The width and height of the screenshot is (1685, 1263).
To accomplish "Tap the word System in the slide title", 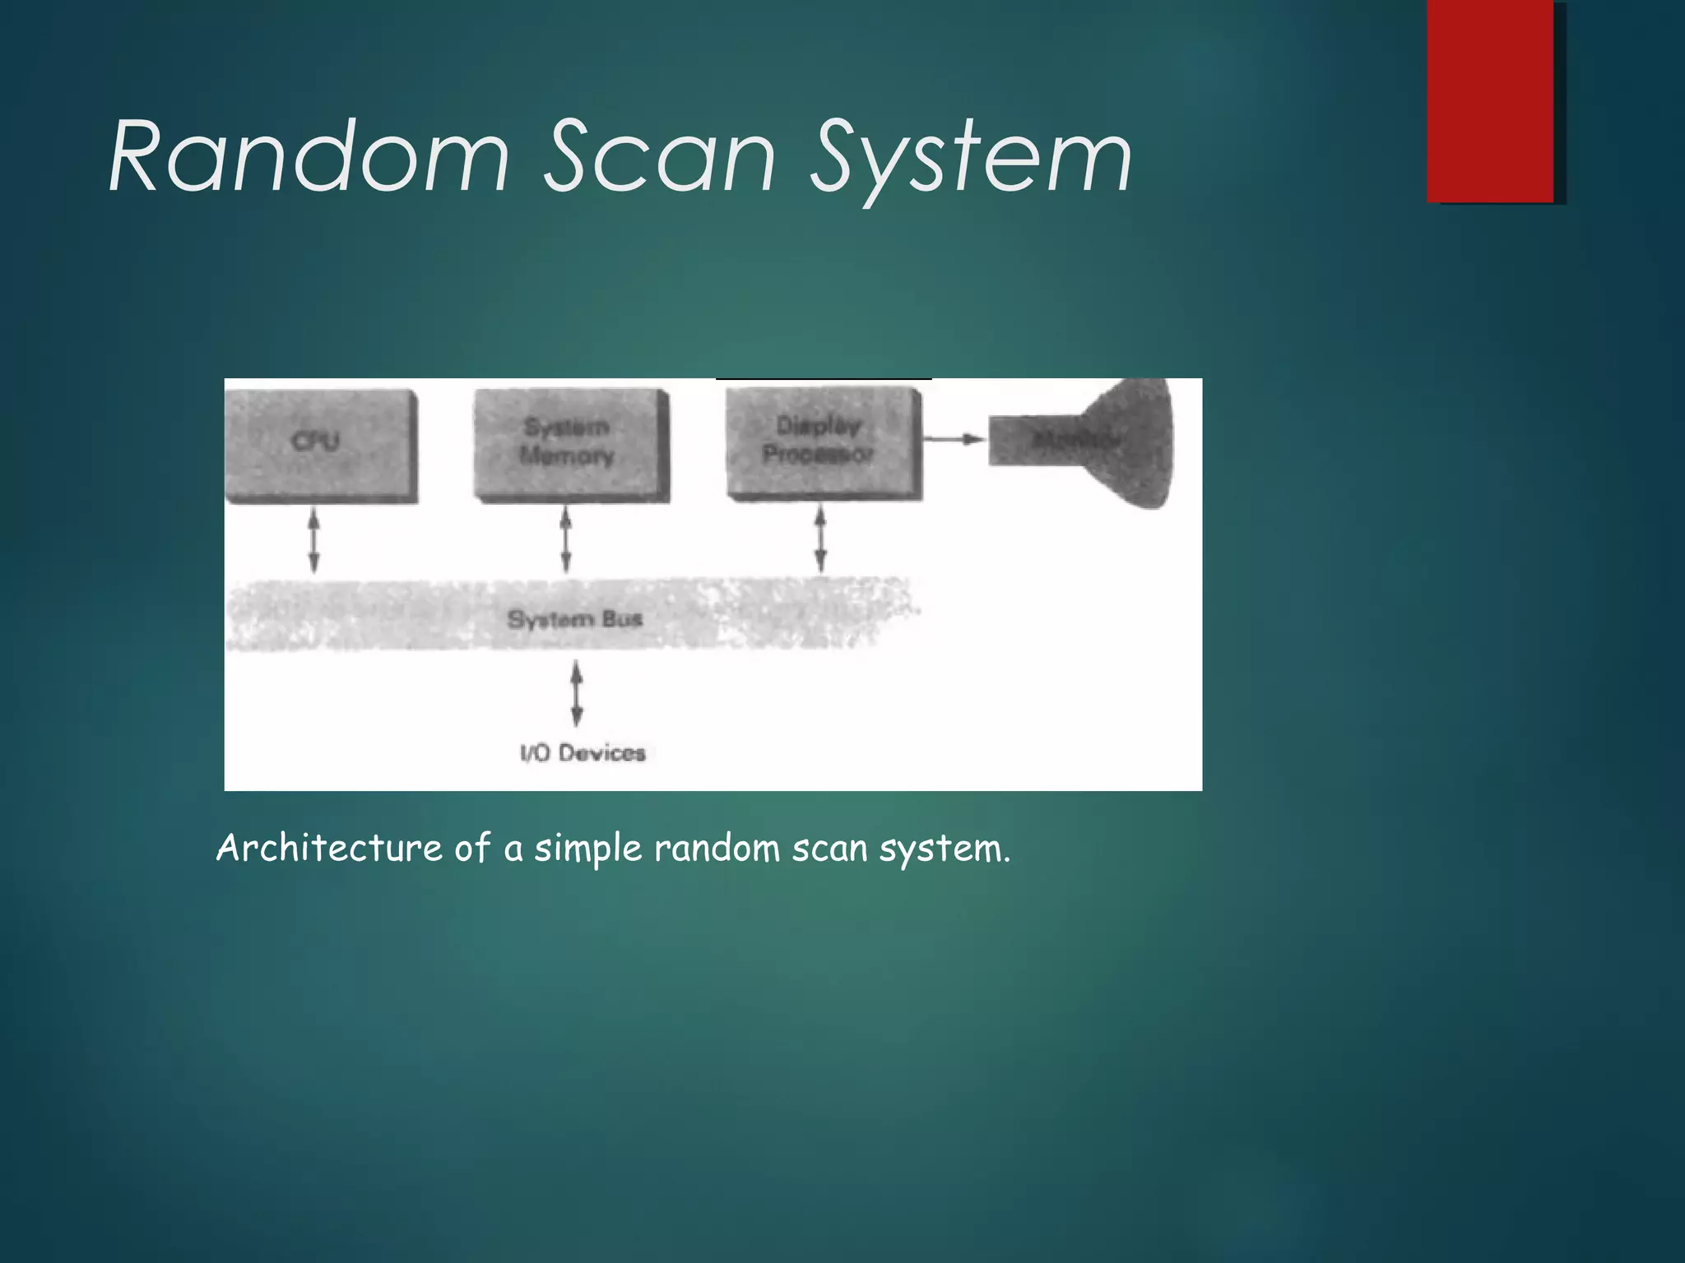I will click(971, 160).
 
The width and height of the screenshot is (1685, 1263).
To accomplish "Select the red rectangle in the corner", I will click(1490, 100).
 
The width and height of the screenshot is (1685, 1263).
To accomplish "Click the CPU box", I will click(320, 444).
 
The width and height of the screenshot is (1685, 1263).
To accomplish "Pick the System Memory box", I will click(570, 444).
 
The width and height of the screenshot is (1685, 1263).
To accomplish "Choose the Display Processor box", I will click(823, 442).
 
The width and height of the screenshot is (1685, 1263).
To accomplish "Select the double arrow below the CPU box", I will click(313, 540).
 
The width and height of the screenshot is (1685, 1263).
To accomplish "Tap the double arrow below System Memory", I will click(565, 540).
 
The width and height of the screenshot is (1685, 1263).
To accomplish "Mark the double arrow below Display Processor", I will click(819, 540).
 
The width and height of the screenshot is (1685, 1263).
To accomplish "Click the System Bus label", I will click(574, 618).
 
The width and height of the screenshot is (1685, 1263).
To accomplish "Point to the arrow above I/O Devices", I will click(577, 695).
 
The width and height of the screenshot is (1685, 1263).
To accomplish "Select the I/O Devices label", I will click(583, 752).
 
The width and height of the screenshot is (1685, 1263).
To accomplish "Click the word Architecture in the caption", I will click(329, 848).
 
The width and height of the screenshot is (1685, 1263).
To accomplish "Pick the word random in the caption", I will click(717, 848).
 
